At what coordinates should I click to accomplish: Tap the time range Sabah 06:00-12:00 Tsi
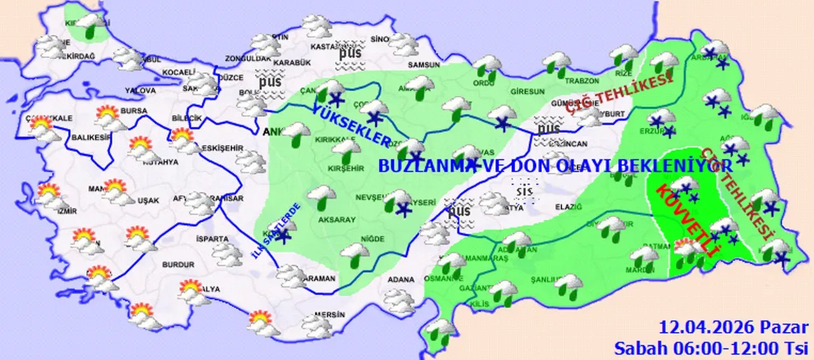[x=710, y=347]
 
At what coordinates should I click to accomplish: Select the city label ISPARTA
[x=212, y=239]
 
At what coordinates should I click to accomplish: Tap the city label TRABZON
[x=583, y=81]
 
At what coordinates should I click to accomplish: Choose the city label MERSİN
[x=329, y=315]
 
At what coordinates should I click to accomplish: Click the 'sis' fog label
[x=524, y=190]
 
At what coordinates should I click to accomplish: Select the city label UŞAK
[x=148, y=200]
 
